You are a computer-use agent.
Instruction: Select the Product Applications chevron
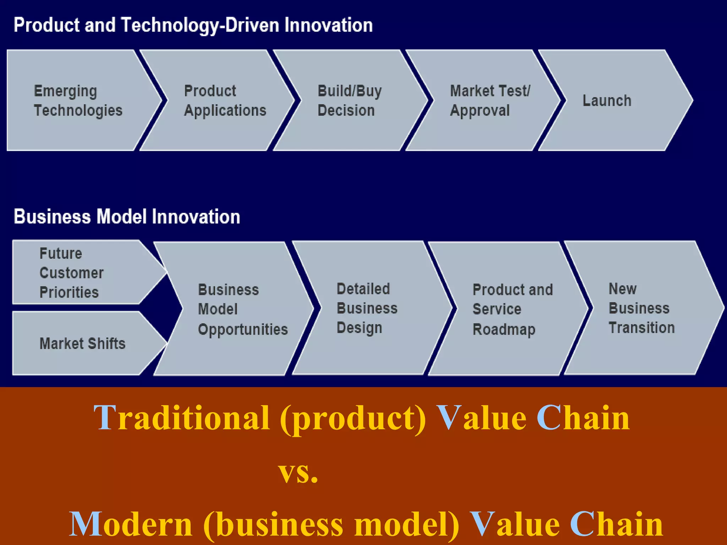pyautogui.click(x=220, y=100)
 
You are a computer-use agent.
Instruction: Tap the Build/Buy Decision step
pyautogui.click(x=350, y=100)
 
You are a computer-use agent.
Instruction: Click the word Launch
pyautogui.click(x=607, y=101)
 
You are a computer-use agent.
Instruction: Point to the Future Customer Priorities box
pyautogui.click(x=78, y=272)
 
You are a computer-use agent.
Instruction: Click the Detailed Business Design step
pyautogui.click(x=367, y=308)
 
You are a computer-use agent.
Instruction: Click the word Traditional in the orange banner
pyautogui.click(x=181, y=418)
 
